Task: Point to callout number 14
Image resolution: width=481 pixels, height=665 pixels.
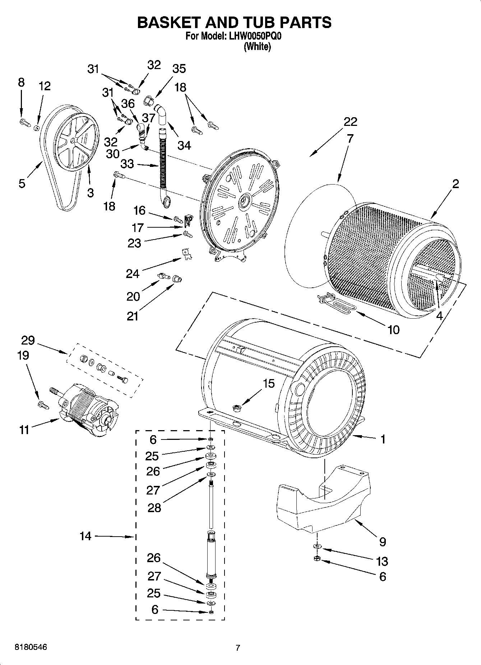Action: (x=85, y=536)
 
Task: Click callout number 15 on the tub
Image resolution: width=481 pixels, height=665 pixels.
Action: (x=269, y=383)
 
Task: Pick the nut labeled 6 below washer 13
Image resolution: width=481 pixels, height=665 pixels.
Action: (x=317, y=558)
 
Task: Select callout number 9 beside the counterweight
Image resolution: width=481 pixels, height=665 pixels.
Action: (x=382, y=541)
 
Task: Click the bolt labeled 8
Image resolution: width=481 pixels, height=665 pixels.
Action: (x=24, y=122)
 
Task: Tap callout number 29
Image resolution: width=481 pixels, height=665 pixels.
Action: (x=28, y=340)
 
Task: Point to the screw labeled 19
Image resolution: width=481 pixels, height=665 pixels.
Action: (x=42, y=405)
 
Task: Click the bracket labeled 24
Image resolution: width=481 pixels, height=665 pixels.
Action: (x=187, y=254)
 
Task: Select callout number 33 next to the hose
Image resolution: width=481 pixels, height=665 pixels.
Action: (x=128, y=164)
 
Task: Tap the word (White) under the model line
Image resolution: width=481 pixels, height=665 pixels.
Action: (x=257, y=47)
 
